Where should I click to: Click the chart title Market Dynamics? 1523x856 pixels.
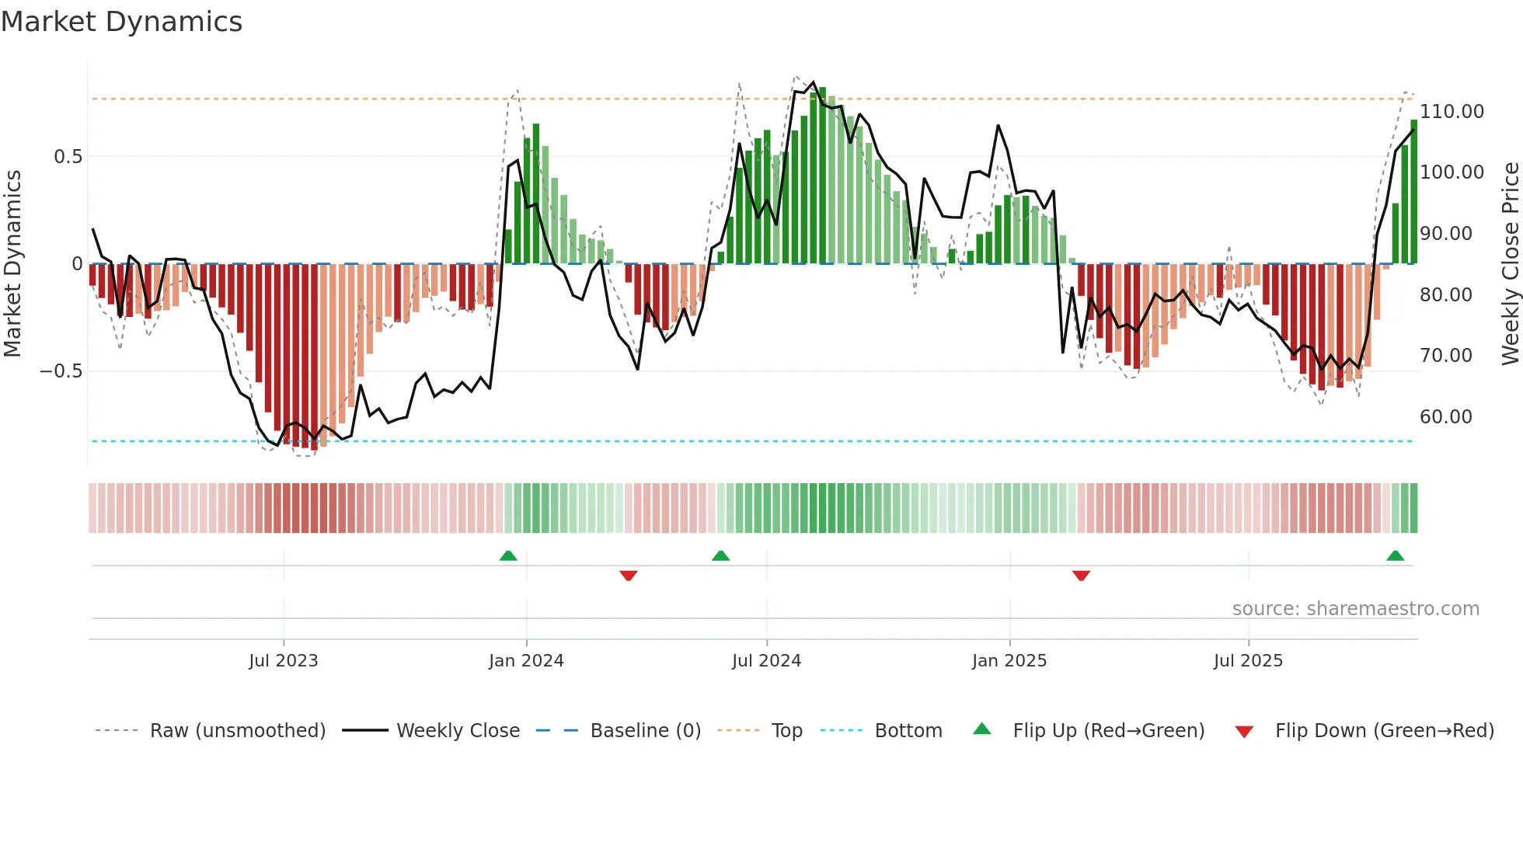pos(121,22)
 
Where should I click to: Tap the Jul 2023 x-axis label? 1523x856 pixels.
pos(283,661)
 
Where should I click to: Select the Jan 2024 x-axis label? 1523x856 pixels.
pos(526,661)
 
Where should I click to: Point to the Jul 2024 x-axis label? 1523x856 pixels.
pos(766,661)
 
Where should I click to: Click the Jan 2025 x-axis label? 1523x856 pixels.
pos(1009,661)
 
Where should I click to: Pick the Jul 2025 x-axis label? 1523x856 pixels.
pos(1248,661)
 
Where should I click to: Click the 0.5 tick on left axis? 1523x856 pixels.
pos(68,157)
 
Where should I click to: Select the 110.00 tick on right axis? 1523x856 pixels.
pos(1452,112)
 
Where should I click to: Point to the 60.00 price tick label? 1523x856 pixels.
pos(1445,417)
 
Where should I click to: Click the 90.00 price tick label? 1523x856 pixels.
pos(1445,234)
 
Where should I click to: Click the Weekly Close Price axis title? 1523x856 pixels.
pos(1510,264)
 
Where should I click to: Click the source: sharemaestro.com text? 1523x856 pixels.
pos(1355,609)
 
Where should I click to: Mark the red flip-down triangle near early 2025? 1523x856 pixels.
pos(1081,576)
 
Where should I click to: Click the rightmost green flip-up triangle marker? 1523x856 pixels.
pos(1395,555)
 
